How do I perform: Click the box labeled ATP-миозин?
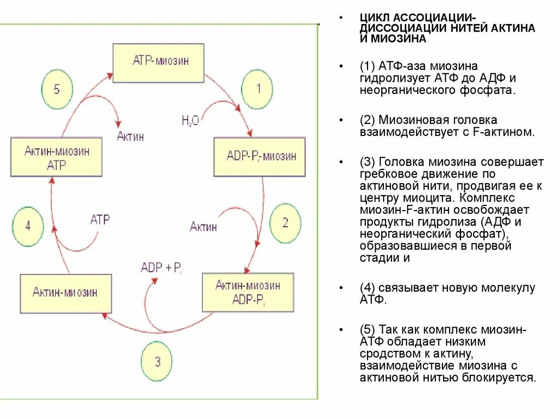point(158,61)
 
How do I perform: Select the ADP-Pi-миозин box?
point(259,157)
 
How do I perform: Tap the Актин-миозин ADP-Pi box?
point(248,292)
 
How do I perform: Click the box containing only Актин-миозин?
point(66,293)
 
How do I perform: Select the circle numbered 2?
point(285,222)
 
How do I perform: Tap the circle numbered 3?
point(157,361)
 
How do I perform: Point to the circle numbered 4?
point(28,226)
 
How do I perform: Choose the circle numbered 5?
point(57,89)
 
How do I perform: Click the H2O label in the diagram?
point(190,121)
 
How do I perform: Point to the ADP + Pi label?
point(161,268)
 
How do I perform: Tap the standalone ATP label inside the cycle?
point(100,220)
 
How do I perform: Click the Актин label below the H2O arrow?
point(130,137)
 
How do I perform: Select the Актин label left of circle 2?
point(203,226)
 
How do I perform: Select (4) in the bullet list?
point(367,288)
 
